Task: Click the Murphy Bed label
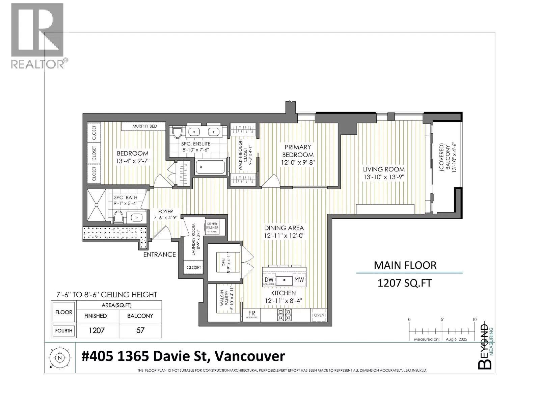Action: (144, 126)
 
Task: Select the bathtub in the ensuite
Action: (210, 167)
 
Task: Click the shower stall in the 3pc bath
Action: (97, 205)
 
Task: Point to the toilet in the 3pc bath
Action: (118, 217)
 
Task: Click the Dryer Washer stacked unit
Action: (212, 227)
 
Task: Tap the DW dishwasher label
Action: (269, 279)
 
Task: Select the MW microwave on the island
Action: (299, 279)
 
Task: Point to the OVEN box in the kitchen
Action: (319, 315)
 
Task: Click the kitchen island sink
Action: (284, 280)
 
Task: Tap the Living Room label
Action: (383, 169)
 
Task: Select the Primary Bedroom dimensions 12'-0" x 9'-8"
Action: (298, 163)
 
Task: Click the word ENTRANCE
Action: (159, 254)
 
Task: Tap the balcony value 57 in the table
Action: (140, 330)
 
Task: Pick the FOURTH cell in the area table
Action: (64, 331)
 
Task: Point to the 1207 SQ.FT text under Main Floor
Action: (404, 283)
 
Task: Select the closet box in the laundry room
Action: (194, 267)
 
